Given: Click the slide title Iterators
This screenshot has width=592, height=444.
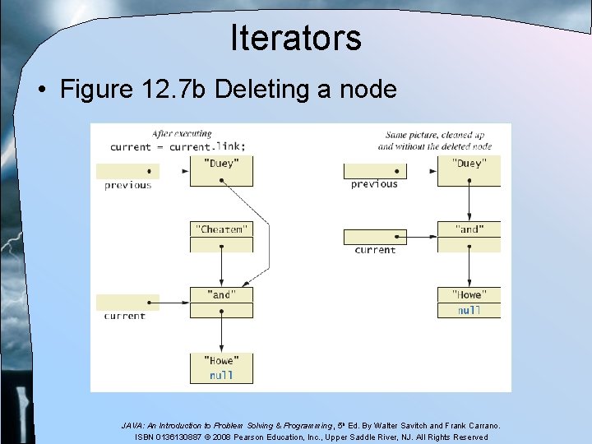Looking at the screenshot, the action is coord(296,38).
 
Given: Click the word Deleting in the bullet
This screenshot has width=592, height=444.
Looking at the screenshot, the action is coord(257,90).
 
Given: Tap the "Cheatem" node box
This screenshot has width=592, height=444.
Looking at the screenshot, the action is coord(221,230).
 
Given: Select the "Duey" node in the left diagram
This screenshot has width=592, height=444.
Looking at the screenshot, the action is coord(221,164).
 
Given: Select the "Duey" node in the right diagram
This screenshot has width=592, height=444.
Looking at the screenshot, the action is coord(468,164).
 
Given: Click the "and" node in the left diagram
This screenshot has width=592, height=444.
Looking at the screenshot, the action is coord(221,294).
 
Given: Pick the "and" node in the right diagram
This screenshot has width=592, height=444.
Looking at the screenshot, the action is coord(468,229).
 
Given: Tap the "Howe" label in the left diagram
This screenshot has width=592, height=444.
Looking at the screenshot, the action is coord(221,360).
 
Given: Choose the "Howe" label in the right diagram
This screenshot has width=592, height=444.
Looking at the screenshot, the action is coord(469,294).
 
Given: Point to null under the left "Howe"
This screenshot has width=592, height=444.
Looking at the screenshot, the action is coord(221,375).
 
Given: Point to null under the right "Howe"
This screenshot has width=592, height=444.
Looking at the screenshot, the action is coord(469,310).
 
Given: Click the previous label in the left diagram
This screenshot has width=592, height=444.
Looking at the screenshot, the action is coord(128,185).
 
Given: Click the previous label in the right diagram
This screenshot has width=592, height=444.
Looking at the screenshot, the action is coord(374,184).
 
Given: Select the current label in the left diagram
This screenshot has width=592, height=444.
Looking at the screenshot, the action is coord(125,316).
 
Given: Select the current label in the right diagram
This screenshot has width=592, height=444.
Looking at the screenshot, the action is coord(375,250).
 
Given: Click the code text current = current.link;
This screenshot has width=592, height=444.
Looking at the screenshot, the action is coord(178,146).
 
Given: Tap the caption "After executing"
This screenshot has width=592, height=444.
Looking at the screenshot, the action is coord(182,134).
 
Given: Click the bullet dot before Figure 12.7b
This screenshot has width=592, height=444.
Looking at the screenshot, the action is coord(40,90).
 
